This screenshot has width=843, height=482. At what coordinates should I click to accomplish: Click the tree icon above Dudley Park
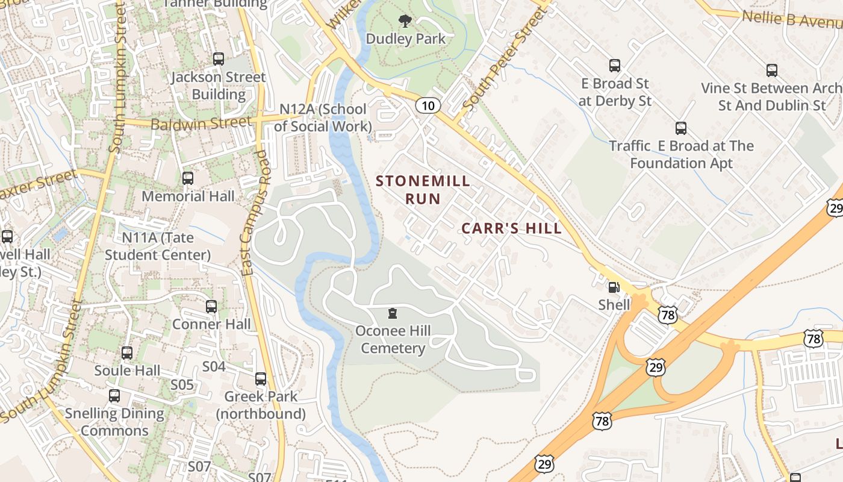coord(405,22)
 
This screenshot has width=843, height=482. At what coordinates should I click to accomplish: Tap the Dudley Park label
coord(406,39)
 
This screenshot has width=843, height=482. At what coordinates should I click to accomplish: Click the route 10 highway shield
coord(428,106)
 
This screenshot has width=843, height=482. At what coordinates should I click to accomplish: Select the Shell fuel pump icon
coord(614,288)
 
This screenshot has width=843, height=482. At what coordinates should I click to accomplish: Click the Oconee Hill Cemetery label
coord(393,339)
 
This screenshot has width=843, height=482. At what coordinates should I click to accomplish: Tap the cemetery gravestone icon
coord(393,313)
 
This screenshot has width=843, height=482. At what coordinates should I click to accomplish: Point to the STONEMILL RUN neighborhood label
coord(423,189)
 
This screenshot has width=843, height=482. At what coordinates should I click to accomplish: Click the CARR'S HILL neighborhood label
coord(511,228)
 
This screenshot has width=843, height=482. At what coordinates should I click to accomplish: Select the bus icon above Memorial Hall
coord(188,178)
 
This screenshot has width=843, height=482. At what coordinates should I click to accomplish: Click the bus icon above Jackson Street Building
coord(219,59)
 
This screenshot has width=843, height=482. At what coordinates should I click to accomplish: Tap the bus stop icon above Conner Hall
coord(211,307)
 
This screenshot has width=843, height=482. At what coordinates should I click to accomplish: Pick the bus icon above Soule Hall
coord(127,353)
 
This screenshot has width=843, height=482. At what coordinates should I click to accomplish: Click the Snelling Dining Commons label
coord(114,422)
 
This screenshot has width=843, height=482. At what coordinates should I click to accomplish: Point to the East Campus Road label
coord(254,213)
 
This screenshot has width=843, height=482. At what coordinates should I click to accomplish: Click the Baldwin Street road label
coord(201,124)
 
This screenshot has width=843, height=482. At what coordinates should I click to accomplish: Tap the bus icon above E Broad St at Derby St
coord(615,66)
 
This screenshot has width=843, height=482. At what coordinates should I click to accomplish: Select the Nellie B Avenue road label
coord(791,19)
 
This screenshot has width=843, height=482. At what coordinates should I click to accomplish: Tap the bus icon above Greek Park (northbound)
coord(261,379)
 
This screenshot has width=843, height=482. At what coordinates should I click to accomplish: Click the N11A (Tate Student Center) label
coord(158,246)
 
